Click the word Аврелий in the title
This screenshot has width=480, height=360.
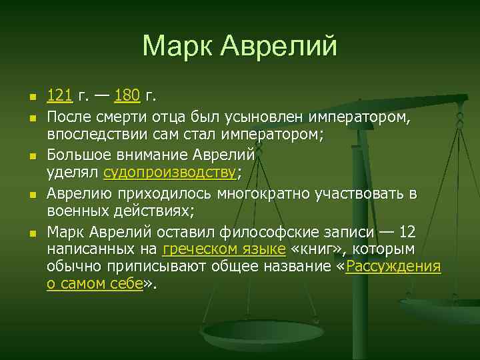pyautogui.click(x=280, y=45)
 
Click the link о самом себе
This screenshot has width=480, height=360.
pyautogui.click(x=95, y=283)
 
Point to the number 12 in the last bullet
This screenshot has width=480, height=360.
pyautogui.click(x=407, y=231)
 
